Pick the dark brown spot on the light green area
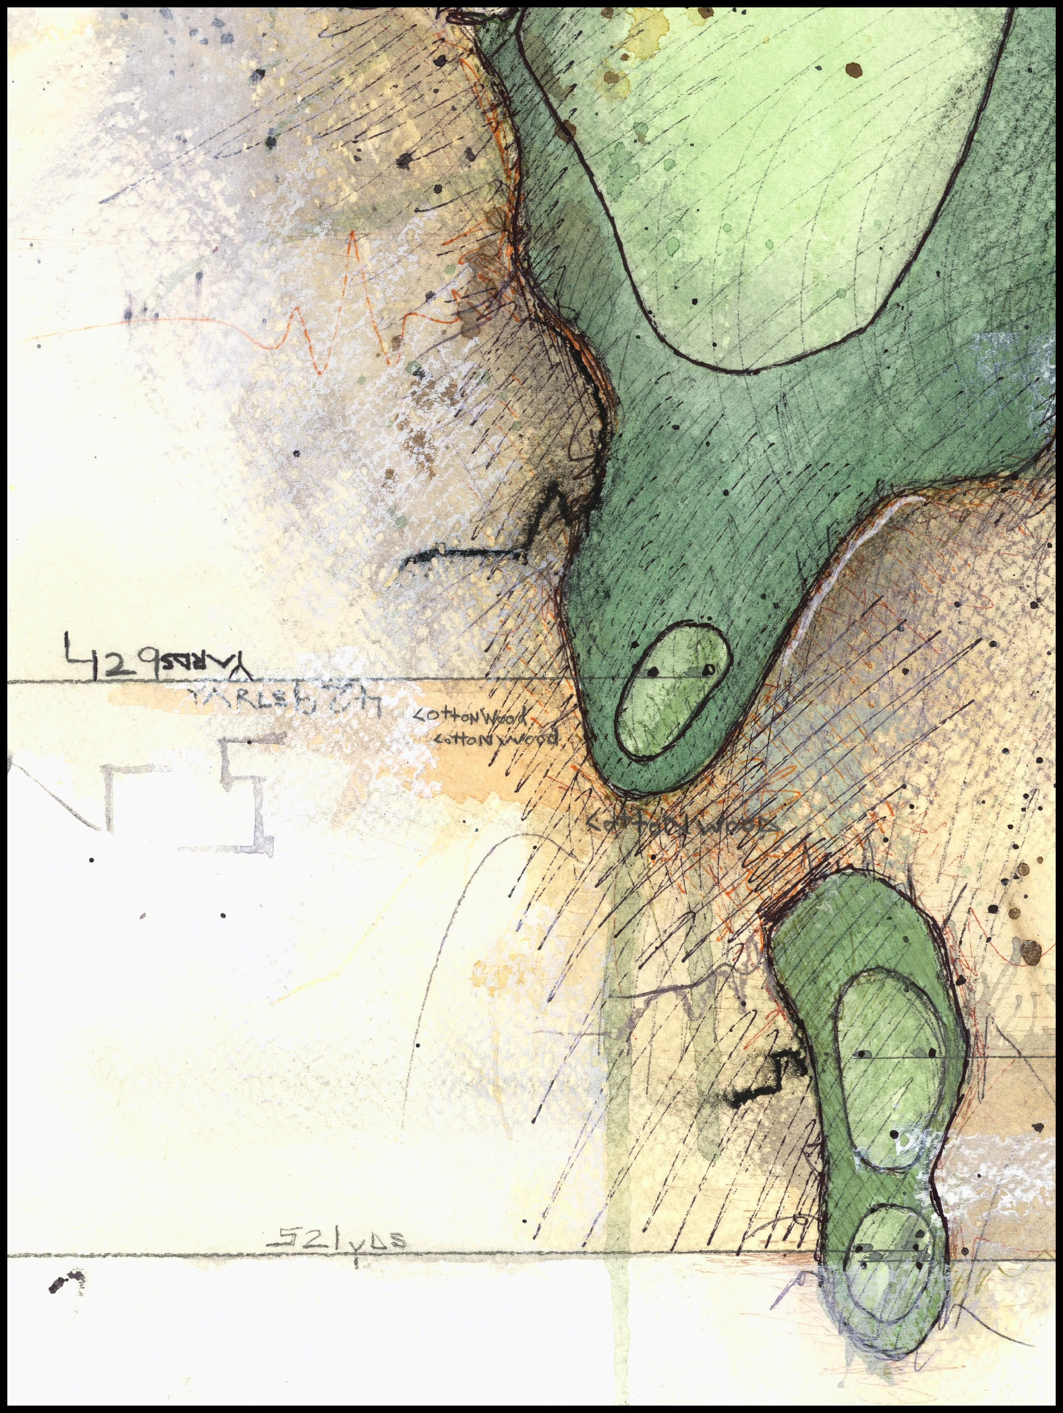[853, 69]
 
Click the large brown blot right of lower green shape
[1032, 952]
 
